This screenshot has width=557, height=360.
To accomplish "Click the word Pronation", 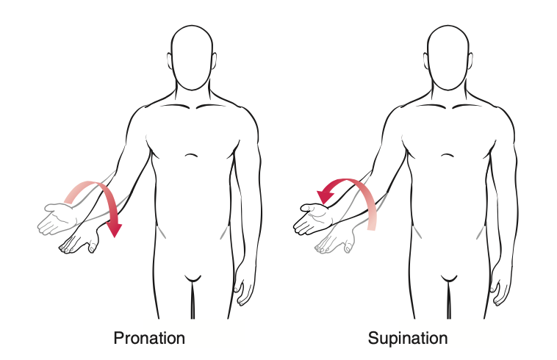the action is click(149, 338).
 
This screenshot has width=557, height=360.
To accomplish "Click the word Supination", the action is click(408, 338).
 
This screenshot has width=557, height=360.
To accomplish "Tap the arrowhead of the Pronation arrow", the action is click(115, 229).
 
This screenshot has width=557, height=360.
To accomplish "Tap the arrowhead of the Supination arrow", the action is click(325, 197).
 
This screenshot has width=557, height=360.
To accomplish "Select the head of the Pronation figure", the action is click(192, 57).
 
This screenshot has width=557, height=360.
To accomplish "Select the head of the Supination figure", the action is click(448, 57).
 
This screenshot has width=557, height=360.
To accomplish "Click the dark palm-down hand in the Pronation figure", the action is click(80, 242).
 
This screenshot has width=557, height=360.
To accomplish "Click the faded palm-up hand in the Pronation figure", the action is click(57, 218).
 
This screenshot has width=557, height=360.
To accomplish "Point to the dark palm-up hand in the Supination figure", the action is click(313, 218).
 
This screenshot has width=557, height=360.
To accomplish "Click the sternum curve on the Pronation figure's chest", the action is click(192, 155).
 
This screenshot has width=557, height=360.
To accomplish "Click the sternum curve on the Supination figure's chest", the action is click(448, 155).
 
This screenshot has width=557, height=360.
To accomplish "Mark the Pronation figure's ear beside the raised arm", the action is click(170, 60).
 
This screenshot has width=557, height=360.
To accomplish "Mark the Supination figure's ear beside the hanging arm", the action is click(471, 60).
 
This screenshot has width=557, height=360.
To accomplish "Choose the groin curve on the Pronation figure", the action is click(193, 278).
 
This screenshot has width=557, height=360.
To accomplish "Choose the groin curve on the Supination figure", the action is click(448, 278).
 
